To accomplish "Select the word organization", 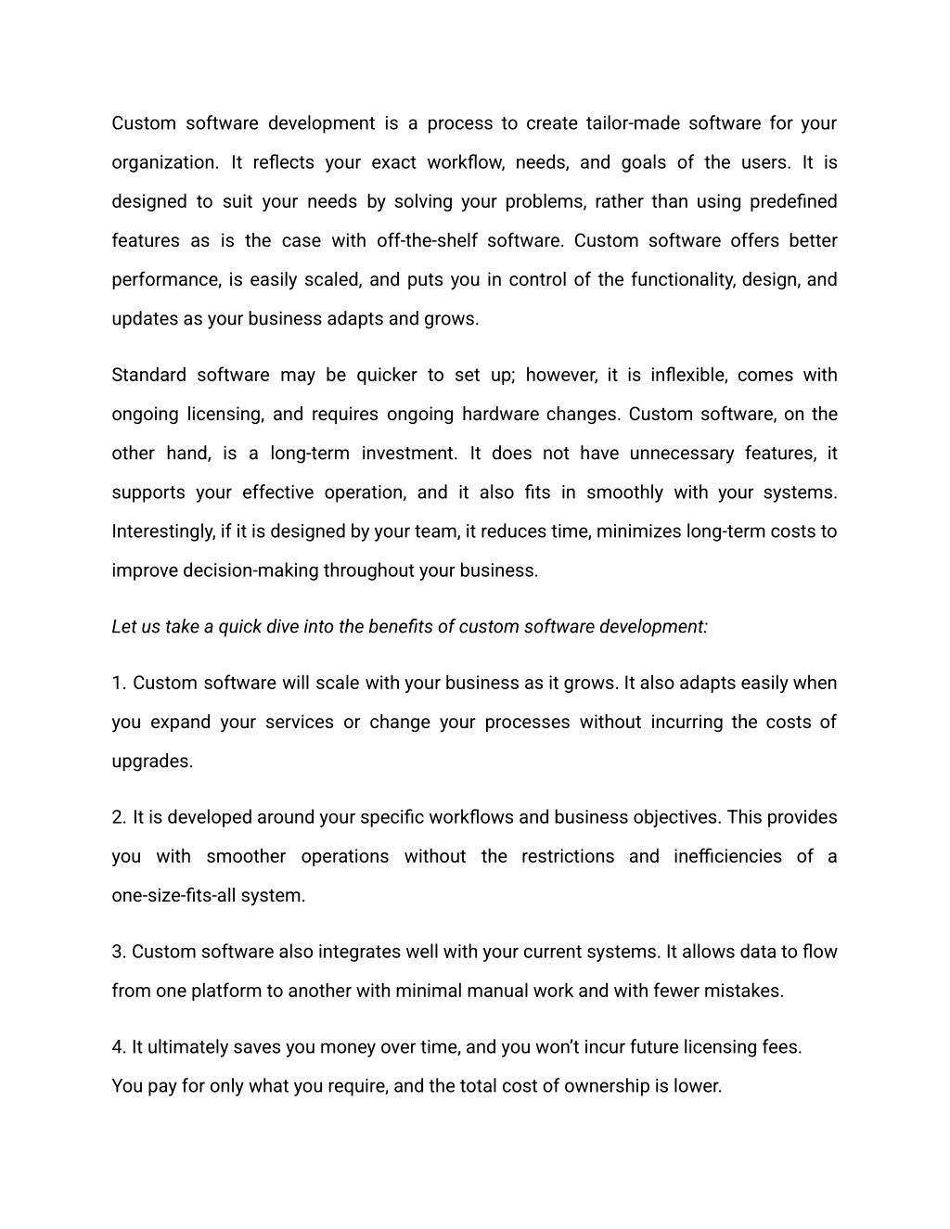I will [164, 163].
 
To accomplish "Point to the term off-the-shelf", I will [427, 241].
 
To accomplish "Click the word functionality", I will [684, 280].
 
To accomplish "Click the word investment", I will [408, 454].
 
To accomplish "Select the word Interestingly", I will [162, 531].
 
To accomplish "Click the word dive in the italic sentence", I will [282, 627].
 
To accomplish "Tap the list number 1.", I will [118, 684].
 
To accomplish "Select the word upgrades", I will [152, 762].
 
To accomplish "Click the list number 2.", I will [118, 818].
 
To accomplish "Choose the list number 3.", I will [118, 953].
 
